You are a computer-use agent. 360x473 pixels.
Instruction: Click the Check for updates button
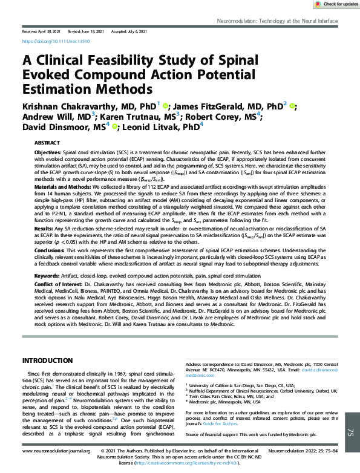(x=336, y=4)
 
